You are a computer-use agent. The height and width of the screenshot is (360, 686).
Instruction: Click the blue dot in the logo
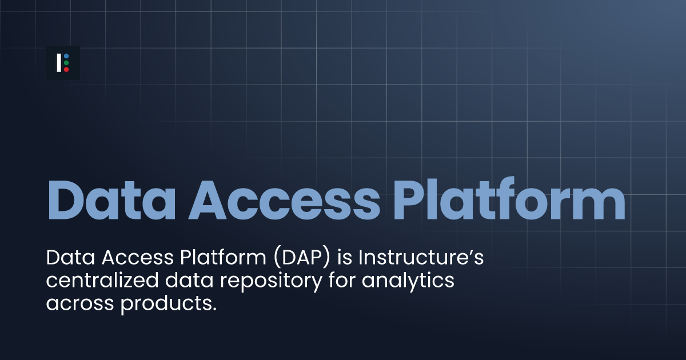coord(66,56)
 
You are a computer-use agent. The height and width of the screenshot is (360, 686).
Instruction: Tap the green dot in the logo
coord(66,63)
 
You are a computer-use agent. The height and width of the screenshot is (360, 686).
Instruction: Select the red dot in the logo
coord(66,70)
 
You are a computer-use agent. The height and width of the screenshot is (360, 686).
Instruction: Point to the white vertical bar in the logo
coord(59,63)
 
